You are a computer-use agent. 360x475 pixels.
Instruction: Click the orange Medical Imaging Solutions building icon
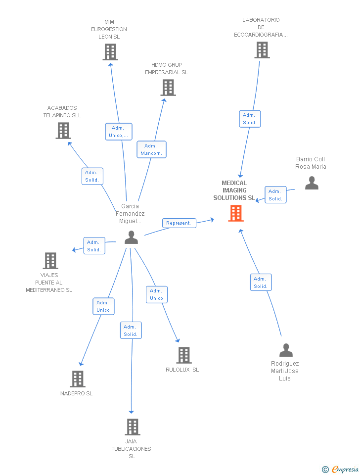pos(236,213)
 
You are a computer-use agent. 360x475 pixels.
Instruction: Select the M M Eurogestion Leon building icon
pos(110,52)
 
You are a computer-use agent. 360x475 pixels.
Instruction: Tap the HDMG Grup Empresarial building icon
pos(168,88)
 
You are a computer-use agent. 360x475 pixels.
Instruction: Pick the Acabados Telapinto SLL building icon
pos(63,131)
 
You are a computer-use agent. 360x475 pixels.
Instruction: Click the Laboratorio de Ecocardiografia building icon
pos(262,50)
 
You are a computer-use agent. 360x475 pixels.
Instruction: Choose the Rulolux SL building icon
pos(184,355)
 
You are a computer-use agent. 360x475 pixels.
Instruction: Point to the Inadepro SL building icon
pos(78,379)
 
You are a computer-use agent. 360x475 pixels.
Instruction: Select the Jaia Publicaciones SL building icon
pos(132,427)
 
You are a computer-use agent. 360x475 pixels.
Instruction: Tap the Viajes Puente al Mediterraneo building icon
pos(50,260)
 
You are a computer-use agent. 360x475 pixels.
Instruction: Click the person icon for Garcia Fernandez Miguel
pos(131,237)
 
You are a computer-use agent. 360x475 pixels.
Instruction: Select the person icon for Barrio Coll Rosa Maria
pos(312,183)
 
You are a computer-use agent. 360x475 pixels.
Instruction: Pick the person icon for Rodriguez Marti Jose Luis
pos(286,350)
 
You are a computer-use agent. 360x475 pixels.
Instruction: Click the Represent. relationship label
pos(179,223)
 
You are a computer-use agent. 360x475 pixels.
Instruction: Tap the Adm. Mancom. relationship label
pos(151,149)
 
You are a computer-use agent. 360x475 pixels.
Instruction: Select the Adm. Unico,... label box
pos(119,132)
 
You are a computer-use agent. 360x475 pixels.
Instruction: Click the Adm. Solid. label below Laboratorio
pos(250,119)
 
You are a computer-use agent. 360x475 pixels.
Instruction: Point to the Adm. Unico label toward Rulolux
pos(157,294)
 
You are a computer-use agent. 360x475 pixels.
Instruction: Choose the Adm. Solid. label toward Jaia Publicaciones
pos(131,331)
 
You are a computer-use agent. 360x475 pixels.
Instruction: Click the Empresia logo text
pos(345,469)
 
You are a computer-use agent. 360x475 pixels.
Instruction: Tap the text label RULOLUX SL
pos(182,370)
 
